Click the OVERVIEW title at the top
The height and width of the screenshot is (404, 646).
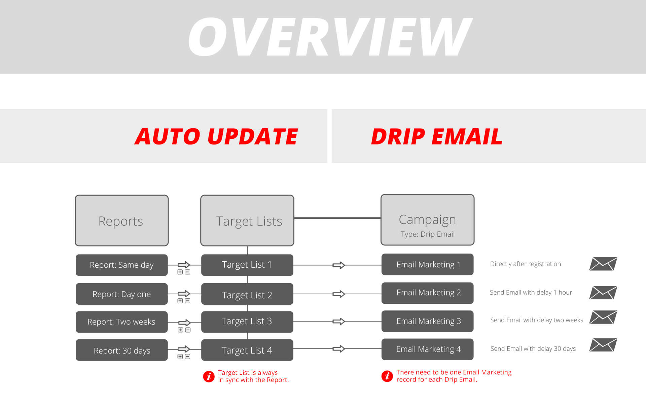point(330,37)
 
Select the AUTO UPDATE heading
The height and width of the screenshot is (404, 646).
point(216,136)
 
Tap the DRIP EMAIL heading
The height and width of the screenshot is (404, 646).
point(436,136)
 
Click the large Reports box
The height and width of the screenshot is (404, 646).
point(121,221)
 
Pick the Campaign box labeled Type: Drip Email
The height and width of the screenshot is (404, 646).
point(427,220)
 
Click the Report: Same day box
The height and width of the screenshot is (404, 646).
point(121,265)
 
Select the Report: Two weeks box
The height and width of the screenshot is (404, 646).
point(121,322)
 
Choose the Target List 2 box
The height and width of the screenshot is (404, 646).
point(247,294)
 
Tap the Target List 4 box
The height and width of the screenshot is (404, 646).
point(247,350)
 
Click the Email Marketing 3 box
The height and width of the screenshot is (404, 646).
point(427,321)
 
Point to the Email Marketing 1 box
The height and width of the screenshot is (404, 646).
point(427,265)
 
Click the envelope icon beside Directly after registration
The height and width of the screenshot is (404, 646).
point(603,264)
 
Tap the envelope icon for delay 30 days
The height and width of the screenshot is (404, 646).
point(603,345)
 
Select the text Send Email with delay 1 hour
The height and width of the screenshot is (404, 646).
point(531,293)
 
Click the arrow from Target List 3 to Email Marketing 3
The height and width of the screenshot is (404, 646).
point(339,322)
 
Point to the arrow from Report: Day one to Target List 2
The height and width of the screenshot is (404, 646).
point(184,294)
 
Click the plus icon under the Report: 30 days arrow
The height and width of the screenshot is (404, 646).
point(180,357)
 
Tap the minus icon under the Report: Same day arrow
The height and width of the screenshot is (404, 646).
point(188,272)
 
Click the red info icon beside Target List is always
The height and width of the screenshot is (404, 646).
point(209,376)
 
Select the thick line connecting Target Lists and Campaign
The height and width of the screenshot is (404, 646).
point(337,218)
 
